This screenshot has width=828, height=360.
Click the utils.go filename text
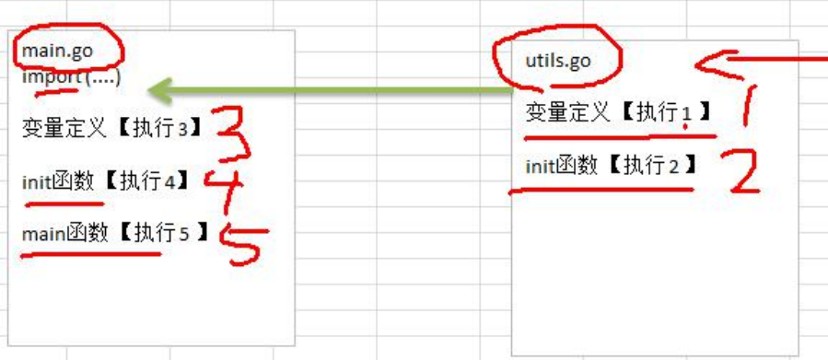(x=557, y=62)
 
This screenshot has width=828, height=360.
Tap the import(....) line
(x=71, y=77)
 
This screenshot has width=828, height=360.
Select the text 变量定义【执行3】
(x=111, y=128)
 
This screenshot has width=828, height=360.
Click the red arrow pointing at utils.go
(x=755, y=61)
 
